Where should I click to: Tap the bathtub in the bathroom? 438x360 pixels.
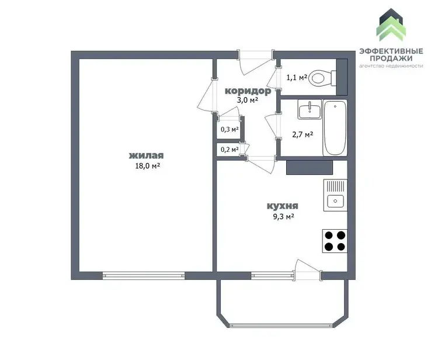point(335,128)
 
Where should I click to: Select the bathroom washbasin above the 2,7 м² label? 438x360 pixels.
point(310,109)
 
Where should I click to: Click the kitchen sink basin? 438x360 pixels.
point(335,200)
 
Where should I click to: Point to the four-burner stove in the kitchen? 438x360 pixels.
point(335,241)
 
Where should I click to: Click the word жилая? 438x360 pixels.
point(147,155)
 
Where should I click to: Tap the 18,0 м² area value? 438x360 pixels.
point(148,166)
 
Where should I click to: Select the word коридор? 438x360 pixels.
point(248,91)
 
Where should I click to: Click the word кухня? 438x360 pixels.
point(283,206)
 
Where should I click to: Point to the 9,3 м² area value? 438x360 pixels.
point(283,217)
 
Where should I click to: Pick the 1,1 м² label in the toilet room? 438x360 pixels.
point(297,77)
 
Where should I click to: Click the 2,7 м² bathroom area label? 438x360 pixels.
point(303,135)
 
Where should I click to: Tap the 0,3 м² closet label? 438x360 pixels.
point(230,129)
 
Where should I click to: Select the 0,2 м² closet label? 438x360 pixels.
point(230,150)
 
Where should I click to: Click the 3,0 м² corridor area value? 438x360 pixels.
point(247,100)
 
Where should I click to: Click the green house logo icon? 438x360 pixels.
point(391,25)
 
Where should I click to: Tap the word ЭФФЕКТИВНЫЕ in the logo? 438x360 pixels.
point(391,51)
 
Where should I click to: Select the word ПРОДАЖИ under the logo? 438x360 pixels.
point(391,58)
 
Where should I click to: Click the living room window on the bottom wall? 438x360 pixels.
point(144,276)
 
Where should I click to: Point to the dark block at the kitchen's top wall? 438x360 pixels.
point(310,167)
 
